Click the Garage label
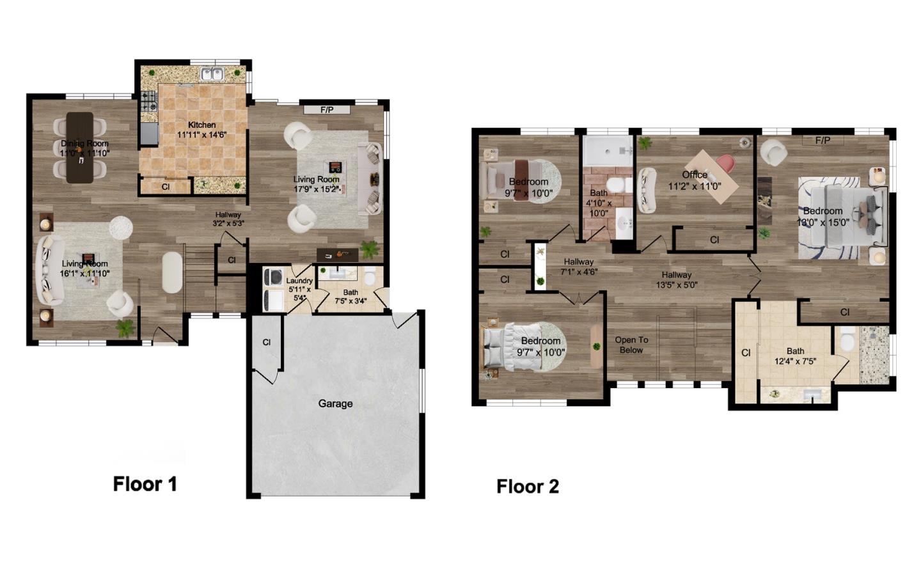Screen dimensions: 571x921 click(x=335, y=403)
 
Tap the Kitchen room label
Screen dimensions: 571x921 click(x=201, y=125)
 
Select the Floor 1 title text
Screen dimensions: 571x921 click(x=145, y=484)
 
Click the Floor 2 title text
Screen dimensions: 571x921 click(x=528, y=487)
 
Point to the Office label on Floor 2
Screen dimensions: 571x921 click(x=695, y=175)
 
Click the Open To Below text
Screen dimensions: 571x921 click(x=631, y=345)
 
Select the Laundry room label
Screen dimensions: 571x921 click(x=299, y=281)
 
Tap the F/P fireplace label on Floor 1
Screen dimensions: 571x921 click(x=327, y=110)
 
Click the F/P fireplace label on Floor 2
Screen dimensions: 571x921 click(x=823, y=140)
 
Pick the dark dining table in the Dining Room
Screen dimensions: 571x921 click(x=80, y=147)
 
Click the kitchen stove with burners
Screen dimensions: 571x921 click(x=149, y=101)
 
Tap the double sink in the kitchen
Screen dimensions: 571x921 click(x=212, y=74)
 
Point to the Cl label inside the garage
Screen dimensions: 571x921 click(x=267, y=343)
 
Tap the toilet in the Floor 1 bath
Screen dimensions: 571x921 click(x=369, y=278)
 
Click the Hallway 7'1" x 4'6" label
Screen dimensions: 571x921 click(x=579, y=266)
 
